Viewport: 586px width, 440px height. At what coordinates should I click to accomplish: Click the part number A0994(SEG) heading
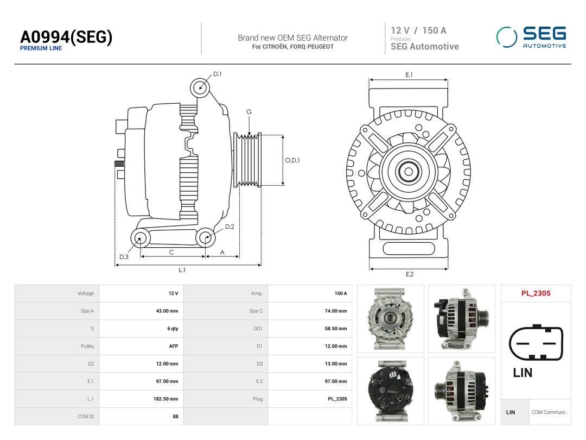(66, 37)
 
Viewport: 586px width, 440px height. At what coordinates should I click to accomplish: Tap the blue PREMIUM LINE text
(41, 48)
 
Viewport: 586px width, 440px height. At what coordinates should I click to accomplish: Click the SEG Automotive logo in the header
(531, 37)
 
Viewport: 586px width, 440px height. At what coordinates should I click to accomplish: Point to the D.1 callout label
(217, 74)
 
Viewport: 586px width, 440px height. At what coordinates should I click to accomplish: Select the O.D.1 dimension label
(292, 160)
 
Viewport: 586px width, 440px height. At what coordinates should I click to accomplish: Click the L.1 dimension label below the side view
(182, 270)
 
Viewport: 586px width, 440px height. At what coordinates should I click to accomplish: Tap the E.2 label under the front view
(410, 274)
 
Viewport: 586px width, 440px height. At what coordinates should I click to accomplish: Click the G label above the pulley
(249, 112)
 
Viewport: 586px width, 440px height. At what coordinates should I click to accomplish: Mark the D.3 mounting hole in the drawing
(140, 238)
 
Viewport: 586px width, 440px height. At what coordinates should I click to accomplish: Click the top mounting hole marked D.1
(200, 88)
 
